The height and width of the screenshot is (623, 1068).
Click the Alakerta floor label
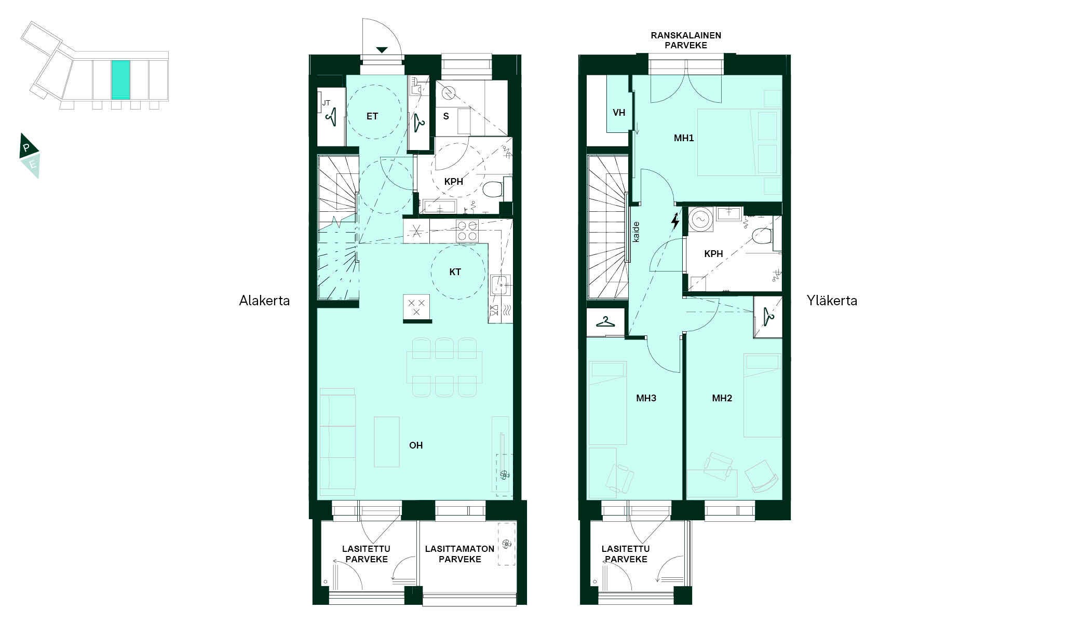264,301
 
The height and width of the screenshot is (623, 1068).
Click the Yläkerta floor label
832,301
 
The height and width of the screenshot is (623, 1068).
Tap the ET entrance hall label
372,116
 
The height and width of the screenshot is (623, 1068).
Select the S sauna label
446,116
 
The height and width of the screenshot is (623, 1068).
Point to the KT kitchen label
455,272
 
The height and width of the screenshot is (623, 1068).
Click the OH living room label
416,445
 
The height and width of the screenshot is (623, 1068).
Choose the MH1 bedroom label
684,138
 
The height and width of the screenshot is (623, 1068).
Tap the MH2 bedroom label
722,398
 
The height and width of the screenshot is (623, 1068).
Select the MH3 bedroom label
646,398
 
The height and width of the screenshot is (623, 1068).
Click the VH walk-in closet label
619,113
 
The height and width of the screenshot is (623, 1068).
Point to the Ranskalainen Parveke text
686,40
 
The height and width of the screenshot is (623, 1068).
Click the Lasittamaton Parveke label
459,554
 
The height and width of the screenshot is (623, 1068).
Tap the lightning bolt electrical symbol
675,221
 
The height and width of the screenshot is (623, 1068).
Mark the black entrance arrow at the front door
382,50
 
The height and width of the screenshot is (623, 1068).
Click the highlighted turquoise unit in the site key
120,79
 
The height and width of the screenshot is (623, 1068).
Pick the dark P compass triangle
28,146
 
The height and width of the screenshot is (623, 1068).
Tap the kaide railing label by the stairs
636,232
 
